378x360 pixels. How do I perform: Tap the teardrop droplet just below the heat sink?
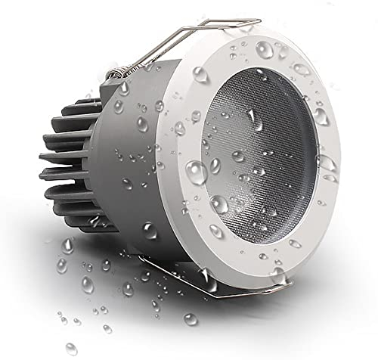click(67, 245)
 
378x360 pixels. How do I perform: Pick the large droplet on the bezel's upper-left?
click(201, 76)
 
